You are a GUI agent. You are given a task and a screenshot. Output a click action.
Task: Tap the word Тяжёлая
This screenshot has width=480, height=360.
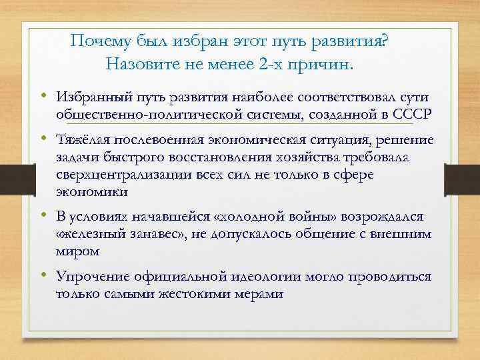tap(80, 141)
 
